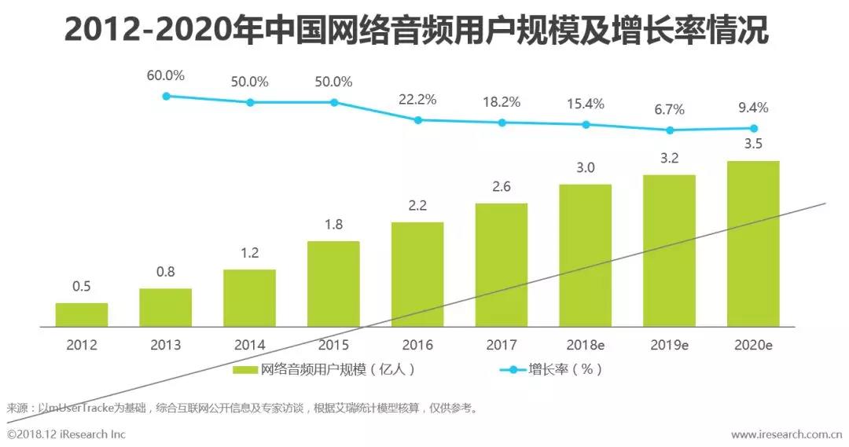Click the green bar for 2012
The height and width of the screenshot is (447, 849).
[x=82, y=314]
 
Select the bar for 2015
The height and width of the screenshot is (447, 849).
[x=333, y=283]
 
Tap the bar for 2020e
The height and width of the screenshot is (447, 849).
[x=753, y=244]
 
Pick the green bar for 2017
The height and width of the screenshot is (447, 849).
[x=502, y=264]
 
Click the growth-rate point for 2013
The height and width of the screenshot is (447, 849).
[x=166, y=96]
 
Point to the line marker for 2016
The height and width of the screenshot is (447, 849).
[x=418, y=120]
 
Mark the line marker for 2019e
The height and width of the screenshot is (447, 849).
[x=670, y=130]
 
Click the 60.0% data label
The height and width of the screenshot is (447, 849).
[x=166, y=76]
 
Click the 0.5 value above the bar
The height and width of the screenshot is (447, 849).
[x=82, y=287]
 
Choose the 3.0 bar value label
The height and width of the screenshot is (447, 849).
[x=586, y=167]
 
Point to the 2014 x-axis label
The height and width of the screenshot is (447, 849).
[x=250, y=345]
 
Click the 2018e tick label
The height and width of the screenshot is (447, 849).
[x=586, y=345]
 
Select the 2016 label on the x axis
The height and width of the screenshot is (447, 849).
[x=417, y=345]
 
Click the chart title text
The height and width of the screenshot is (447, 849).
[x=416, y=31]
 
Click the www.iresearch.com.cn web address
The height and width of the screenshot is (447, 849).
[x=787, y=434]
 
